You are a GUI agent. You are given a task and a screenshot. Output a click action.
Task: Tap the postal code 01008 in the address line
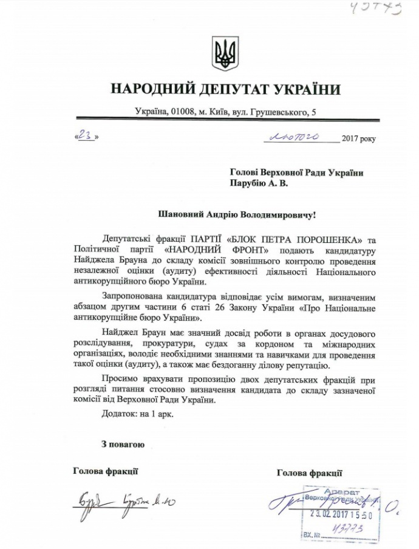point(183,112)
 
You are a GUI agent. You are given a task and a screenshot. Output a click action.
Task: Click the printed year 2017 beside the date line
point(350,139)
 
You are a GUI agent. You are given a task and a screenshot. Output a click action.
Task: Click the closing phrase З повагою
point(123,445)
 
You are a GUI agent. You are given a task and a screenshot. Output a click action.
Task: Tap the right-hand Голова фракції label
point(309,472)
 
